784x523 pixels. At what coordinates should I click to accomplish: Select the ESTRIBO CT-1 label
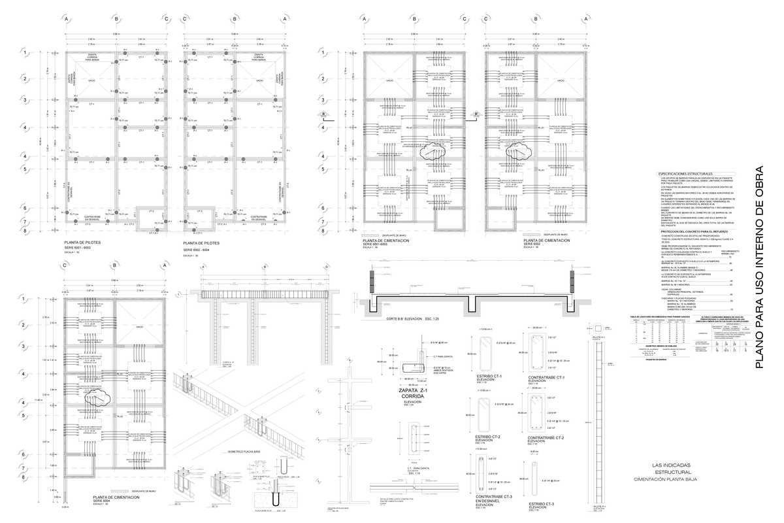[488, 377]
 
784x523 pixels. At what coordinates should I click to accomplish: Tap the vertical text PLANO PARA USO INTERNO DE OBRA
[759, 261]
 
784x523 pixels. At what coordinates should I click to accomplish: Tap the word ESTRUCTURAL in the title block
[673, 471]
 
